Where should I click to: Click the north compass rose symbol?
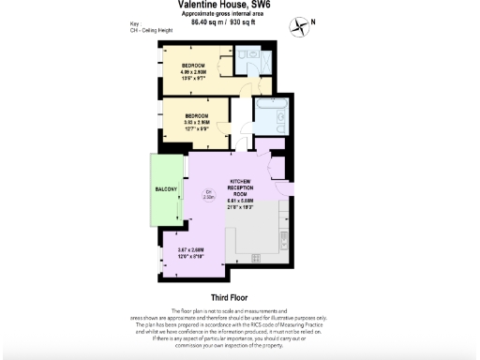[x=299, y=25]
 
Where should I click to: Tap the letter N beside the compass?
[x=313, y=22]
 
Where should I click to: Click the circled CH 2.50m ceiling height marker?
[x=208, y=195]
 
